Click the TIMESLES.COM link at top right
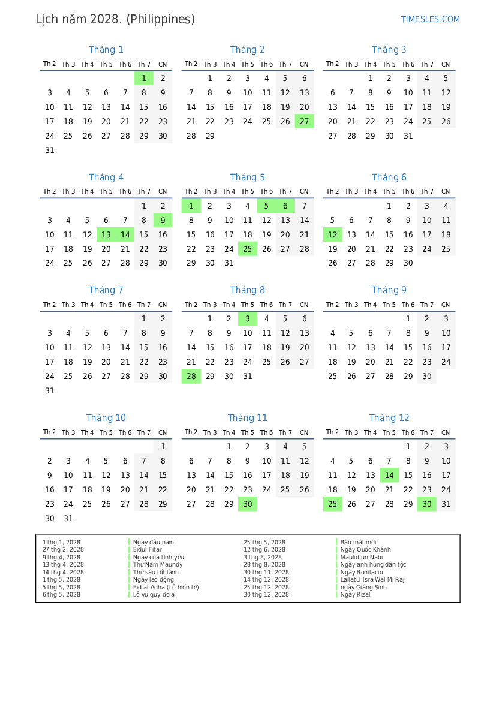pos(430,19)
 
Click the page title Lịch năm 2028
pos(115,19)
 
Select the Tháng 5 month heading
pos(247,177)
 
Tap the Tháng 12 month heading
pos(389,418)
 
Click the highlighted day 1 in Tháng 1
pos(144,78)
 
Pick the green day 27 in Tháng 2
pos(304,121)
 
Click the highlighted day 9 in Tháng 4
pos(163,220)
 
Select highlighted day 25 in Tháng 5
pos(247,249)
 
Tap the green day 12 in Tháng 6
pos(332,234)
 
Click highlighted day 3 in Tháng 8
pos(247,319)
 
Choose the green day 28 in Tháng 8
pos(191,377)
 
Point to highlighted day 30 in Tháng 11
pos(247,504)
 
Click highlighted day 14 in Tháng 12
pos(389,476)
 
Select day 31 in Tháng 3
pos(408,136)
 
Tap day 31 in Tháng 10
pos(68,519)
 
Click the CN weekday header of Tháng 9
pos(446,305)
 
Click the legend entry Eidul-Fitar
pos(148,550)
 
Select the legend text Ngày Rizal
pos(356,595)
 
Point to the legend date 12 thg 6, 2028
pos(264,550)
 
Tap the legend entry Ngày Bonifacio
pos(362,572)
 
